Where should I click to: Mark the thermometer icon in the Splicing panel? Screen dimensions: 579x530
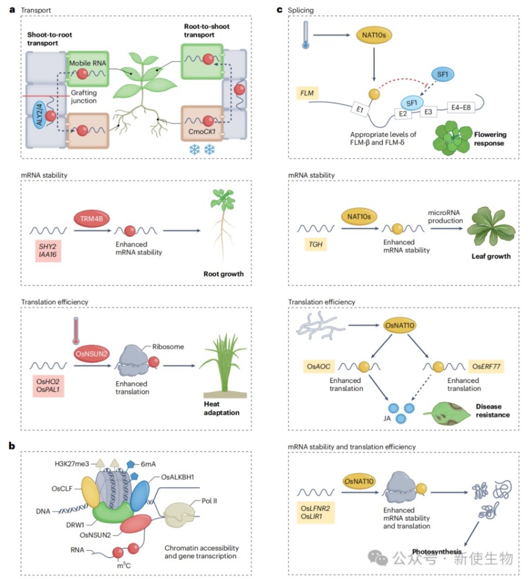click(305, 36)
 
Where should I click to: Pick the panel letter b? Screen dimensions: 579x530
click(11, 446)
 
